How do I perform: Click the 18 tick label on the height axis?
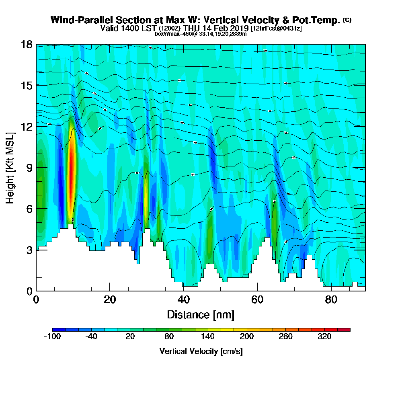(x=26, y=44)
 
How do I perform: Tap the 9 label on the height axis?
(x=29, y=168)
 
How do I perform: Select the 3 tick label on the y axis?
(x=29, y=250)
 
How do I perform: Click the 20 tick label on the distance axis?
(x=110, y=300)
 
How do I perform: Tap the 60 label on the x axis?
(x=257, y=300)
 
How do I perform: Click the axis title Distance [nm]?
(x=201, y=314)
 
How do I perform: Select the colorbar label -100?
(x=52, y=337)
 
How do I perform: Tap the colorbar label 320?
(x=324, y=337)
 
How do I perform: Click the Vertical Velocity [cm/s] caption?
(x=201, y=351)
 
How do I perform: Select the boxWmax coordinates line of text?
(x=201, y=34)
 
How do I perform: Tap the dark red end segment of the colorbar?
(x=347, y=330)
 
